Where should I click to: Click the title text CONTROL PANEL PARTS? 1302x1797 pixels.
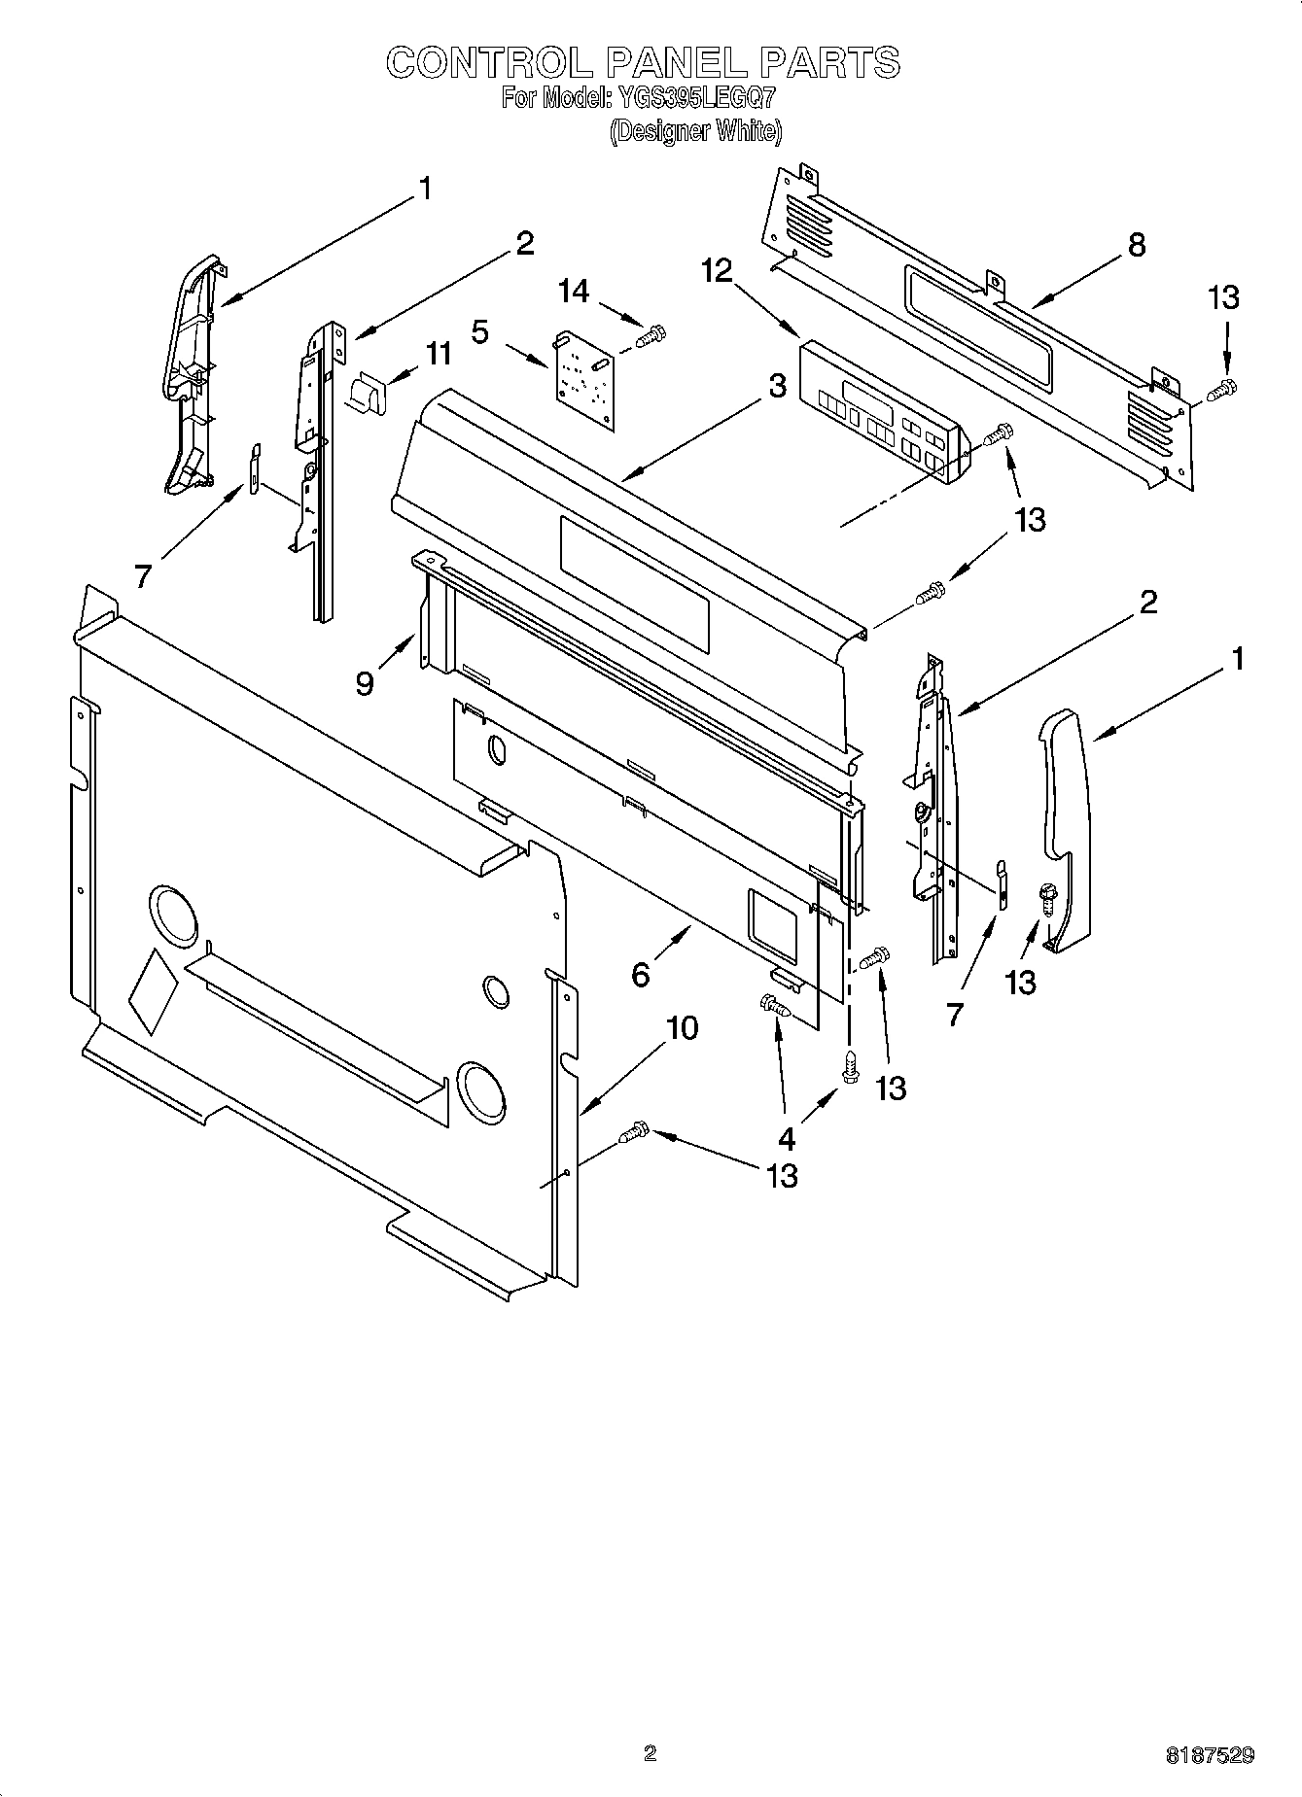tap(643, 63)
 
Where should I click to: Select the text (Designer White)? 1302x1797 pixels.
tap(695, 131)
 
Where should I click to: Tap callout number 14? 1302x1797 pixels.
tap(574, 291)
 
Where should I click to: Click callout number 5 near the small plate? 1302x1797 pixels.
tap(480, 332)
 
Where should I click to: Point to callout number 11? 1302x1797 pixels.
tap(439, 354)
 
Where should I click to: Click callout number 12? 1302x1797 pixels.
tap(717, 271)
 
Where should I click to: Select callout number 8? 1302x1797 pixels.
tap(1136, 245)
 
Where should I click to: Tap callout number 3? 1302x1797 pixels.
tap(776, 386)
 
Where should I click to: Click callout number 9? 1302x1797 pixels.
tap(365, 684)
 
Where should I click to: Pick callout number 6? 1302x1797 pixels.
tap(640, 973)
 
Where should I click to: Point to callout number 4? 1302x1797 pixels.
tap(786, 1138)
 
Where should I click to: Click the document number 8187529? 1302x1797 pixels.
tap(1210, 1755)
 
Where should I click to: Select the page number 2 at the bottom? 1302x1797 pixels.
tap(650, 1753)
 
